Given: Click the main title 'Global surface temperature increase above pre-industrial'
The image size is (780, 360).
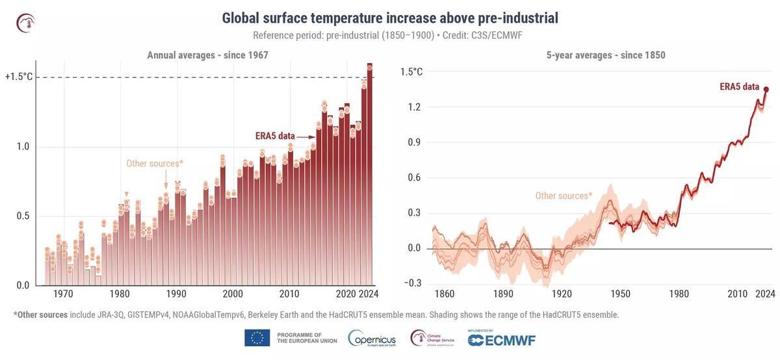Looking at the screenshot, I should [x=390, y=18].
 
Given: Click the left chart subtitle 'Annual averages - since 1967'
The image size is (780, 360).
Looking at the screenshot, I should [x=207, y=55].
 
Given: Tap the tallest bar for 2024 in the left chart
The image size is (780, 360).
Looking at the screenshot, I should [x=369, y=175].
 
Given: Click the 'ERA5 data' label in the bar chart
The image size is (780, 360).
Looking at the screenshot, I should [x=274, y=136].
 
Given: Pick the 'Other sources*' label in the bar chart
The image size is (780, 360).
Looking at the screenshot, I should [x=155, y=163].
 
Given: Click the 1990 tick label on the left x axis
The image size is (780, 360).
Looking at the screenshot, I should [x=175, y=294].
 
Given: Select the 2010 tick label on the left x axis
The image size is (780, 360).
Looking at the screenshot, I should [x=289, y=294].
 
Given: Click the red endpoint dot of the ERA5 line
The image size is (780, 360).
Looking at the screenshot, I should [x=766, y=90].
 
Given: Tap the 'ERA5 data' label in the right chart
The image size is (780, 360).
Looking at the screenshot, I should [x=739, y=86].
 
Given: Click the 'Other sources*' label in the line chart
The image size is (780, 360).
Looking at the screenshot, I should [x=564, y=196].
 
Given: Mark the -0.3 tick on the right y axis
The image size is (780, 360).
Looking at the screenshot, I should [x=413, y=283].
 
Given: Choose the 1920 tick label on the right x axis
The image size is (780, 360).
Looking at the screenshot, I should [x=562, y=294].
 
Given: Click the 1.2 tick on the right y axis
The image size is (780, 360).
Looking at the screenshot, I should [x=415, y=107].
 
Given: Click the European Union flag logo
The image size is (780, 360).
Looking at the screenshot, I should [x=257, y=338].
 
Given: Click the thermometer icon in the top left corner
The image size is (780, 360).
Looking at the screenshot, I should [x=25, y=23].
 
